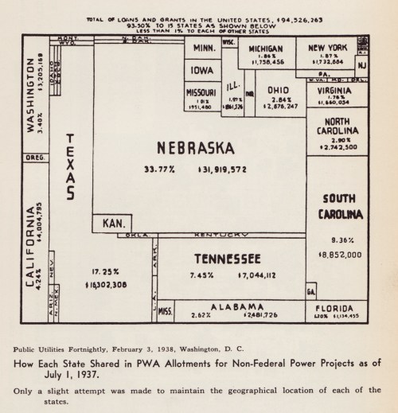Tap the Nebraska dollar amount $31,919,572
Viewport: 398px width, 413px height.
pyautogui.click(x=224, y=169)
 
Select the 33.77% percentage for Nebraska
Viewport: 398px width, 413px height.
pyautogui.click(x=159, y=169)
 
